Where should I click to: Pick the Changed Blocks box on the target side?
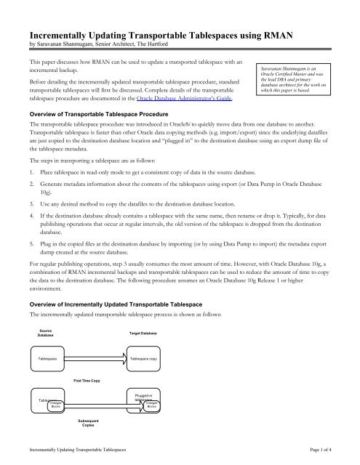coord(151,404)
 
